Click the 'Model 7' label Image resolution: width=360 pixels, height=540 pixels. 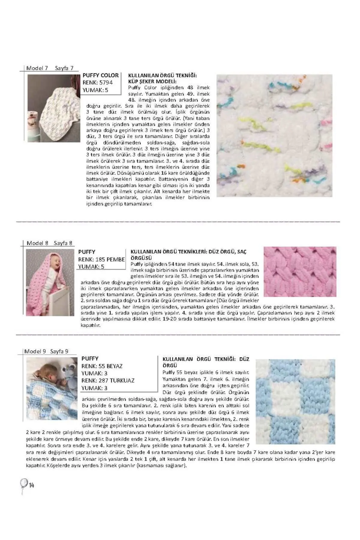pos(37,68)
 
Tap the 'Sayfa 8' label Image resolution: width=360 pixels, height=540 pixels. pos(63,243)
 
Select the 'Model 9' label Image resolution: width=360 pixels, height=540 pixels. pos(35,351)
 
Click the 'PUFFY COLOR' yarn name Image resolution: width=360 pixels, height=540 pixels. pos(100,75)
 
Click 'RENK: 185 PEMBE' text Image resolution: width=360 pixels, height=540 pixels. pos(101,259)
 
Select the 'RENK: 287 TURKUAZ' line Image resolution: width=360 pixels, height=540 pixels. pos(108,381)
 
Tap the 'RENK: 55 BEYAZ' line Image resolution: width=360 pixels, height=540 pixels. pos(102,366)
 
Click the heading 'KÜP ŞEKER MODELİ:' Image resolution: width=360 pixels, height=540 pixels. pos(152,82)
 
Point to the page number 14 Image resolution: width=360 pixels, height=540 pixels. pos(31,485)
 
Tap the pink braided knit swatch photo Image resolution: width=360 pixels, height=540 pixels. pos(300,271)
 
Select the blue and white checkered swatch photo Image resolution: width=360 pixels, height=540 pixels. pos(295,401)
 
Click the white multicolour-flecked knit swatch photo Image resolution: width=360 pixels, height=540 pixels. pos(274,136)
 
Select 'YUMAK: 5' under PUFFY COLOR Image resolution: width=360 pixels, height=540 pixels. pos(95,90)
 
